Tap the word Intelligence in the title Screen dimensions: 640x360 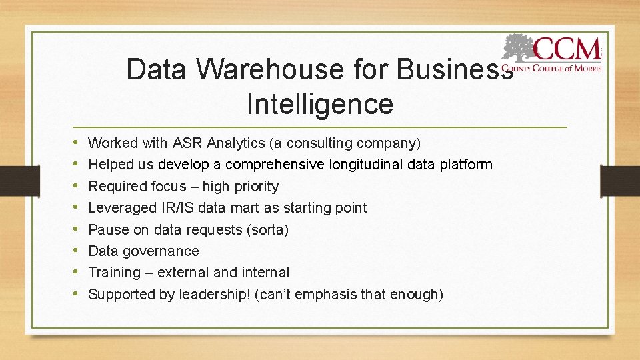(320, 104)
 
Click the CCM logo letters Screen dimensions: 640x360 (567, 49)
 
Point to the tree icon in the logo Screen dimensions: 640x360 (519, 49)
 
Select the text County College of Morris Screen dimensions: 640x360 (551, 68)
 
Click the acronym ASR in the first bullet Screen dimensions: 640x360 (188, 143)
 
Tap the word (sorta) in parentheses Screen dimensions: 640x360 (267, 230)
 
